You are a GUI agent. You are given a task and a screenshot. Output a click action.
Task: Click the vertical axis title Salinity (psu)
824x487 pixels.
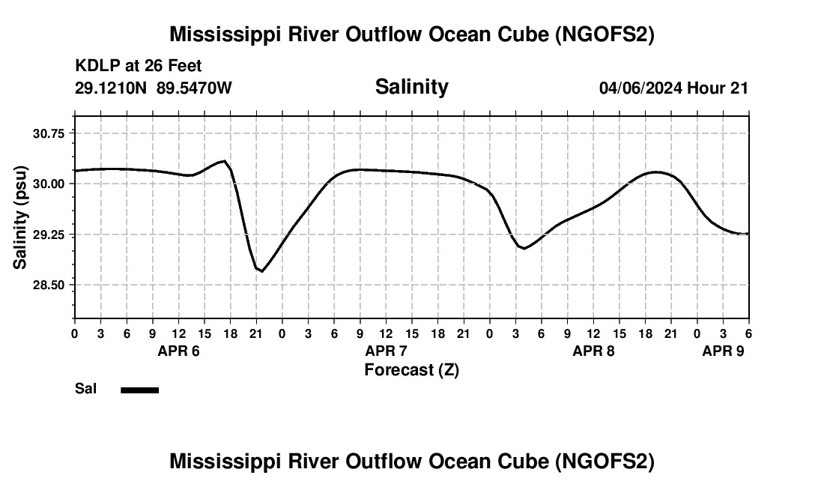(20, 217)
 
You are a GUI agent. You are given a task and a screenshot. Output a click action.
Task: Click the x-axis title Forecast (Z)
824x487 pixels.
(411, 369)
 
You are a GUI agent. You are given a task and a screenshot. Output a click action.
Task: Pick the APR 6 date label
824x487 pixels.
(178, 351)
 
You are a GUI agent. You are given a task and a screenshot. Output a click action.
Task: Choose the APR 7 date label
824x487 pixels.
(386, 351)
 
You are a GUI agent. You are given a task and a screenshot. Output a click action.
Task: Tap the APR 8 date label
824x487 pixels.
(593, 351)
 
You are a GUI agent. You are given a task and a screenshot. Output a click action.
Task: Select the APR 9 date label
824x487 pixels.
(723, 351)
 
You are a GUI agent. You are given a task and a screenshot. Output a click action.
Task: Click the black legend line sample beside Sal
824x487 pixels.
(139, 390)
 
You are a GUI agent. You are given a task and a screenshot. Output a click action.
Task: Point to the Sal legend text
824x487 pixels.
(85, 390)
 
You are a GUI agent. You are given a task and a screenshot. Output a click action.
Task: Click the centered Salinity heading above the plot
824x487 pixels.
(411, 87)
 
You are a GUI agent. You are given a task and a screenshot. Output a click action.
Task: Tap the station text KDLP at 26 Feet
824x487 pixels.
(139, 67)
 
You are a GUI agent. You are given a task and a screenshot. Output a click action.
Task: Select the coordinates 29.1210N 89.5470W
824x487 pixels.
(154, 88)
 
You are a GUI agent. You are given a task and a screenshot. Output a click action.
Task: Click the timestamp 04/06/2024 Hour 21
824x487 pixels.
(673, 88)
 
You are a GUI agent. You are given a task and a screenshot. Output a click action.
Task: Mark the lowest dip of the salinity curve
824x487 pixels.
(261, 270)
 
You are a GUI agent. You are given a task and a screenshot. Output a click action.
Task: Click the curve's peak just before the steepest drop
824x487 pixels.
(223, 161)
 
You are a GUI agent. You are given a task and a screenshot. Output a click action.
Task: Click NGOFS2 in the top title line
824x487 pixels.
(607, 34)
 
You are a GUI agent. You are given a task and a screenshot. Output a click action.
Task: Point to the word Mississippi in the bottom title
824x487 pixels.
(216, 462)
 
